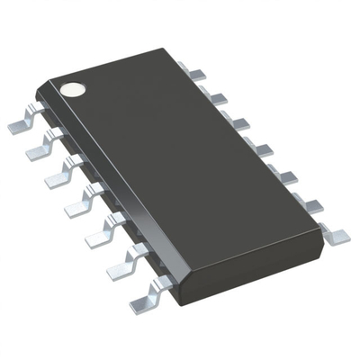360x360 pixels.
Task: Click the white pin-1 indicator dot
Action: pyautogui.click(x=72, y=89)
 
